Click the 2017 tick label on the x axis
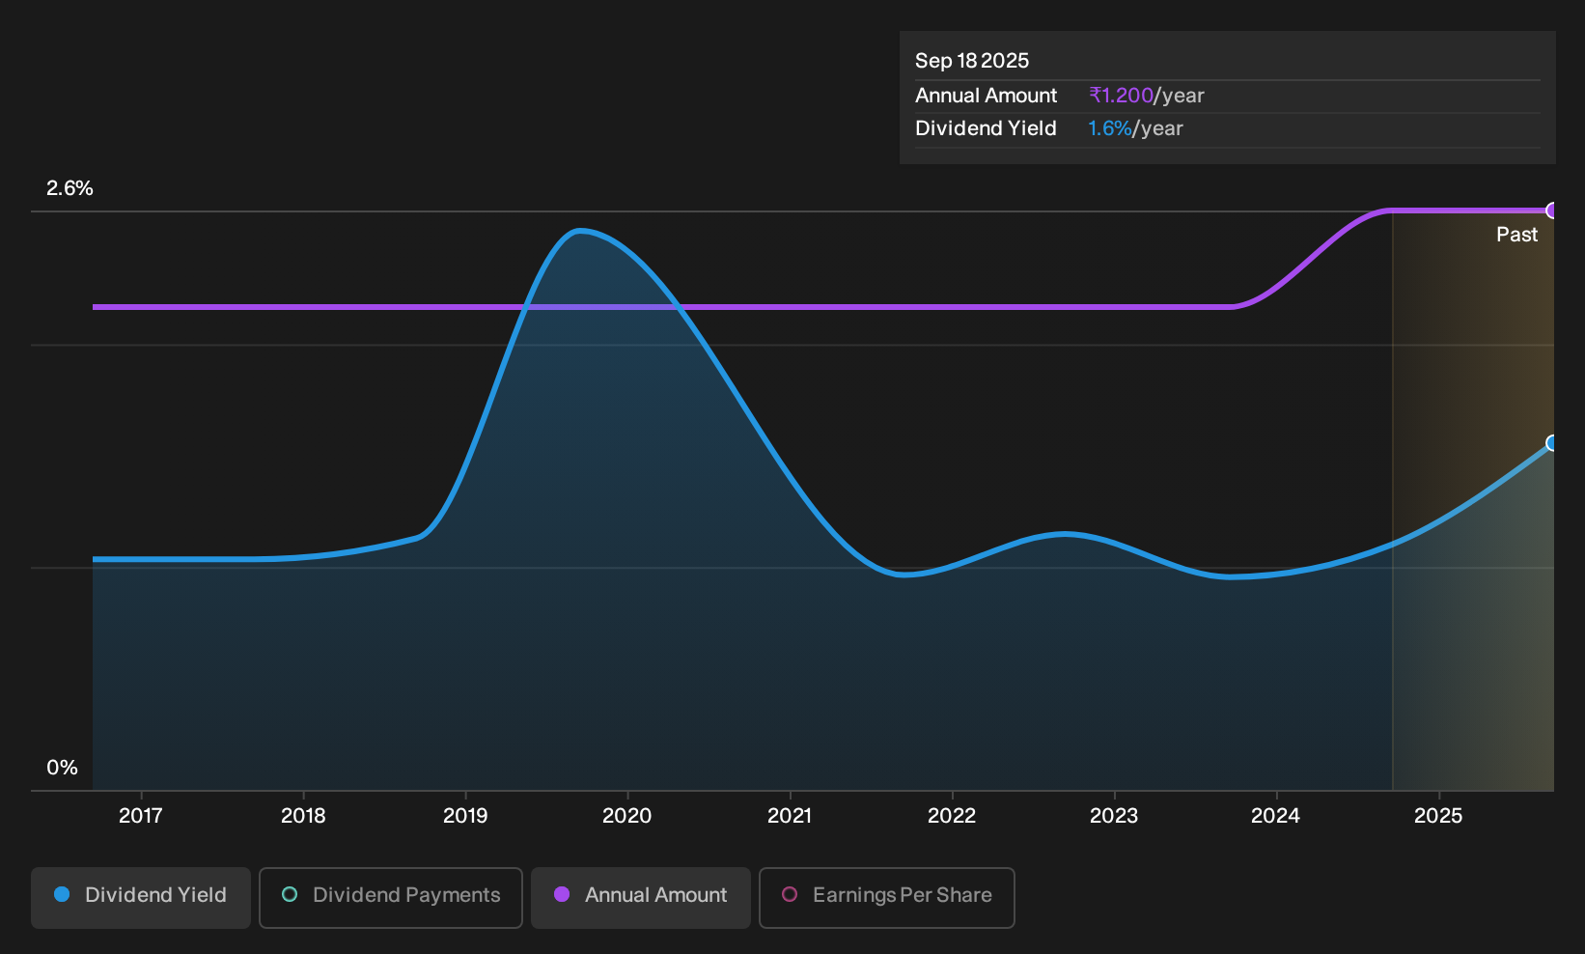tap(141, 816)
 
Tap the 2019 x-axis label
tap(465, 816)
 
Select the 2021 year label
tap(790, 816)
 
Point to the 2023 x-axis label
tap(1114, 816)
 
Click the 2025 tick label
tap(1438, 816)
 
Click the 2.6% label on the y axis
tap(70, 188)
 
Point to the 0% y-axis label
tap(63, 768)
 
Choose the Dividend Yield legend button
tap(141, 897)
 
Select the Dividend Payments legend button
tap(391, 897)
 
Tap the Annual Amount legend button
tap(640, 897)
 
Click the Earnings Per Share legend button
tap(886, 897)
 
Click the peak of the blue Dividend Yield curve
tap(580, 231)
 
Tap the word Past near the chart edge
tap(1516, 235)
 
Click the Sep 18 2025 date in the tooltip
tap(971, 61)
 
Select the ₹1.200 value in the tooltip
tap(1122, 95)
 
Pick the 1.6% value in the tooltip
tap(1109, 128)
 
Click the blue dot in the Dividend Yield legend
tap(62, 894)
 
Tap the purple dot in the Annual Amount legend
tap(562, 894)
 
